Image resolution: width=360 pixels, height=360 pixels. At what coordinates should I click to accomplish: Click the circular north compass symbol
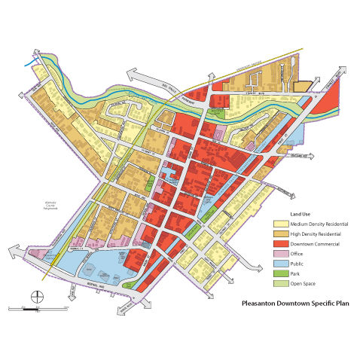click(33, 294)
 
